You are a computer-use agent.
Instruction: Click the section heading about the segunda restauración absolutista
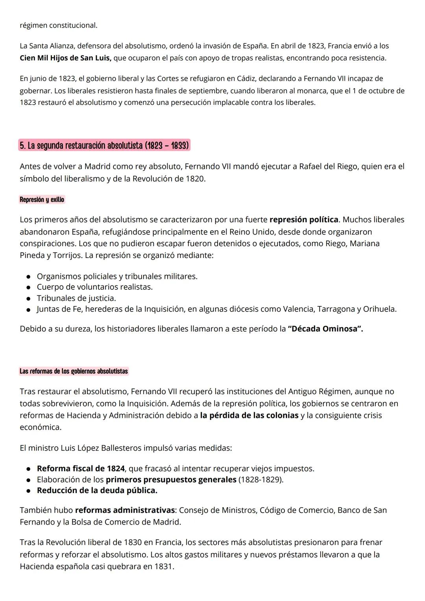tap(104, 145)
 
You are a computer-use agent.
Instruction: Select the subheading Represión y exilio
tap(42, 200)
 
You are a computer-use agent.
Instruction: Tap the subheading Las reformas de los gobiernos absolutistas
tap(74, 371)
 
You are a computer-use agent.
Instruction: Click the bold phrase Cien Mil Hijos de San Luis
tap(65, 58)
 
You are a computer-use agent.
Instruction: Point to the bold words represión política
tap(304, 219)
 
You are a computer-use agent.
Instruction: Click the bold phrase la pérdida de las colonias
tap(249, 415)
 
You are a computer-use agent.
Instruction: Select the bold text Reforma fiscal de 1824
tap(81, 468)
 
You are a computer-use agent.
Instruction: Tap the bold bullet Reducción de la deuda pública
tap(97, 490)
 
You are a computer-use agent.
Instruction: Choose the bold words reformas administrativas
tap(125, 510)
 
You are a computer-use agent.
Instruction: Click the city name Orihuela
tap(379, 309)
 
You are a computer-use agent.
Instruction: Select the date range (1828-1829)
tap(261, 479)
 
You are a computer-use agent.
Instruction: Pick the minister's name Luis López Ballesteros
tap(101, 448)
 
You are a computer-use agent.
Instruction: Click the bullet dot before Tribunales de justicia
tap(29, 299)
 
